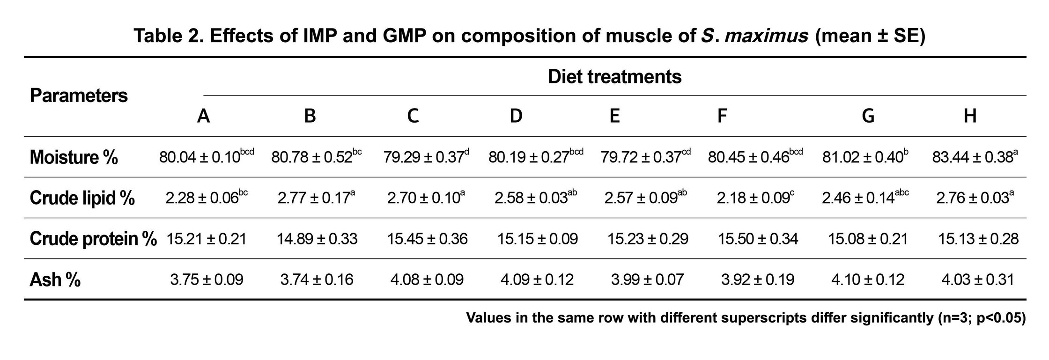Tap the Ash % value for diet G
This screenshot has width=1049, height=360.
click(x=868, y=280)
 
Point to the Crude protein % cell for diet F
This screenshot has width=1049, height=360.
click(x=758, y=239)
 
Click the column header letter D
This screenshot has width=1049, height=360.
click(x=516, y=116)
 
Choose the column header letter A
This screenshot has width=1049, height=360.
click(x=203, y=116)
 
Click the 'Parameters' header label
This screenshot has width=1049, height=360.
click(x=79, y=96)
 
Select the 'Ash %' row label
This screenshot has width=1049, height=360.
click(x=55, y=280)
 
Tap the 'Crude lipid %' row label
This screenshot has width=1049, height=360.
click(x=82, y=198)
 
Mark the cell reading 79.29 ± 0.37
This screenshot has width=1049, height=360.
click(x=426, y=157)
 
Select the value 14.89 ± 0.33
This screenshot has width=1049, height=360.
click(x=317, y=239)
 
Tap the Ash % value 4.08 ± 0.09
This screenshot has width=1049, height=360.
click(x=427, y=280)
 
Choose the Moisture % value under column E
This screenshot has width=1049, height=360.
click(x=644, y=157)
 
